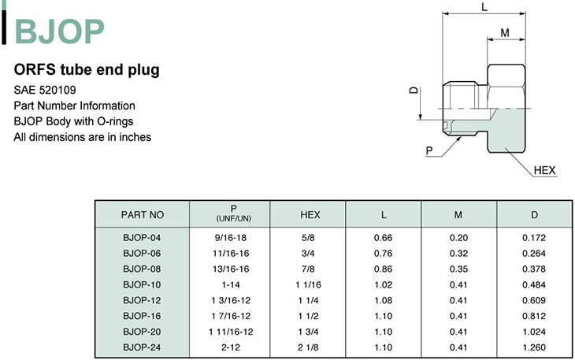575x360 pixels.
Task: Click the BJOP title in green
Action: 59,32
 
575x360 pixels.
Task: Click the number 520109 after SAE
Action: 57,90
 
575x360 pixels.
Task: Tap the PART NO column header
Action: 143,215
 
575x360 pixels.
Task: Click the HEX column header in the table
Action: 310,215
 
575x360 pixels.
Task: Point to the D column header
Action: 534,215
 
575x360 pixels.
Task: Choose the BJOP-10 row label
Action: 142,285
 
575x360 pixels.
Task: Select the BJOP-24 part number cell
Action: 142,347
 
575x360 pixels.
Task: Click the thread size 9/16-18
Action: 231,238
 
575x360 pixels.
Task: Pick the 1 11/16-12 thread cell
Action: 231,332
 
